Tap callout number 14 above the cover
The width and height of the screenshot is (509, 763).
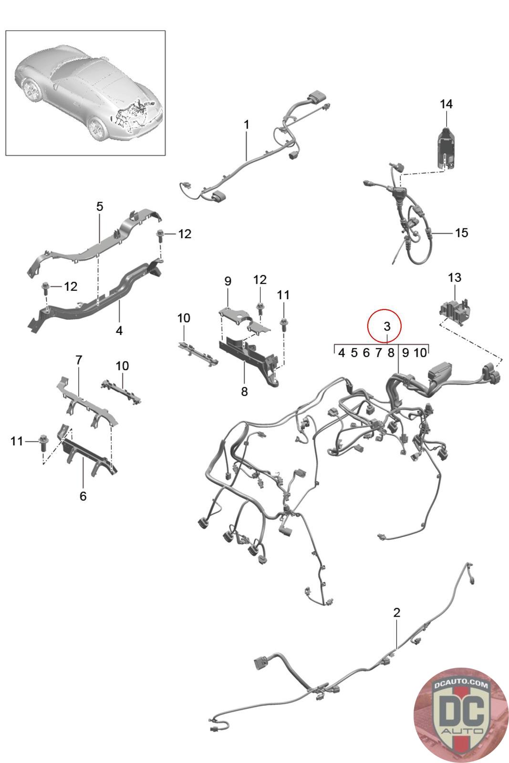tap(446, 104)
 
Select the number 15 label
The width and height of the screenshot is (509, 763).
tap(461, 233)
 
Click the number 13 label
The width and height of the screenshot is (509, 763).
tap(455, 278)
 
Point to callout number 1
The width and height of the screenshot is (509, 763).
tap(246, 124)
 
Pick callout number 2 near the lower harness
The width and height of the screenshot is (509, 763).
tap(396, 613)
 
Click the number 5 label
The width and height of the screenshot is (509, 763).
tap(99, 207)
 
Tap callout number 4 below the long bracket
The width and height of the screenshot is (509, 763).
tap(119, 330)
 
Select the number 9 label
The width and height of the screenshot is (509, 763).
tap(228, 281)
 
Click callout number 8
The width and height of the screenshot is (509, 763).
tap(244, 392)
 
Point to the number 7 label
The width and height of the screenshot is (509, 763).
tap(79, 360)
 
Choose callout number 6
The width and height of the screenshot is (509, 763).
tap(83, 496)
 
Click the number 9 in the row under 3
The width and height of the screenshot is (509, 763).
tap(405, 353)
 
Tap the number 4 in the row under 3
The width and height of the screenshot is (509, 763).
tap(342, 353)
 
